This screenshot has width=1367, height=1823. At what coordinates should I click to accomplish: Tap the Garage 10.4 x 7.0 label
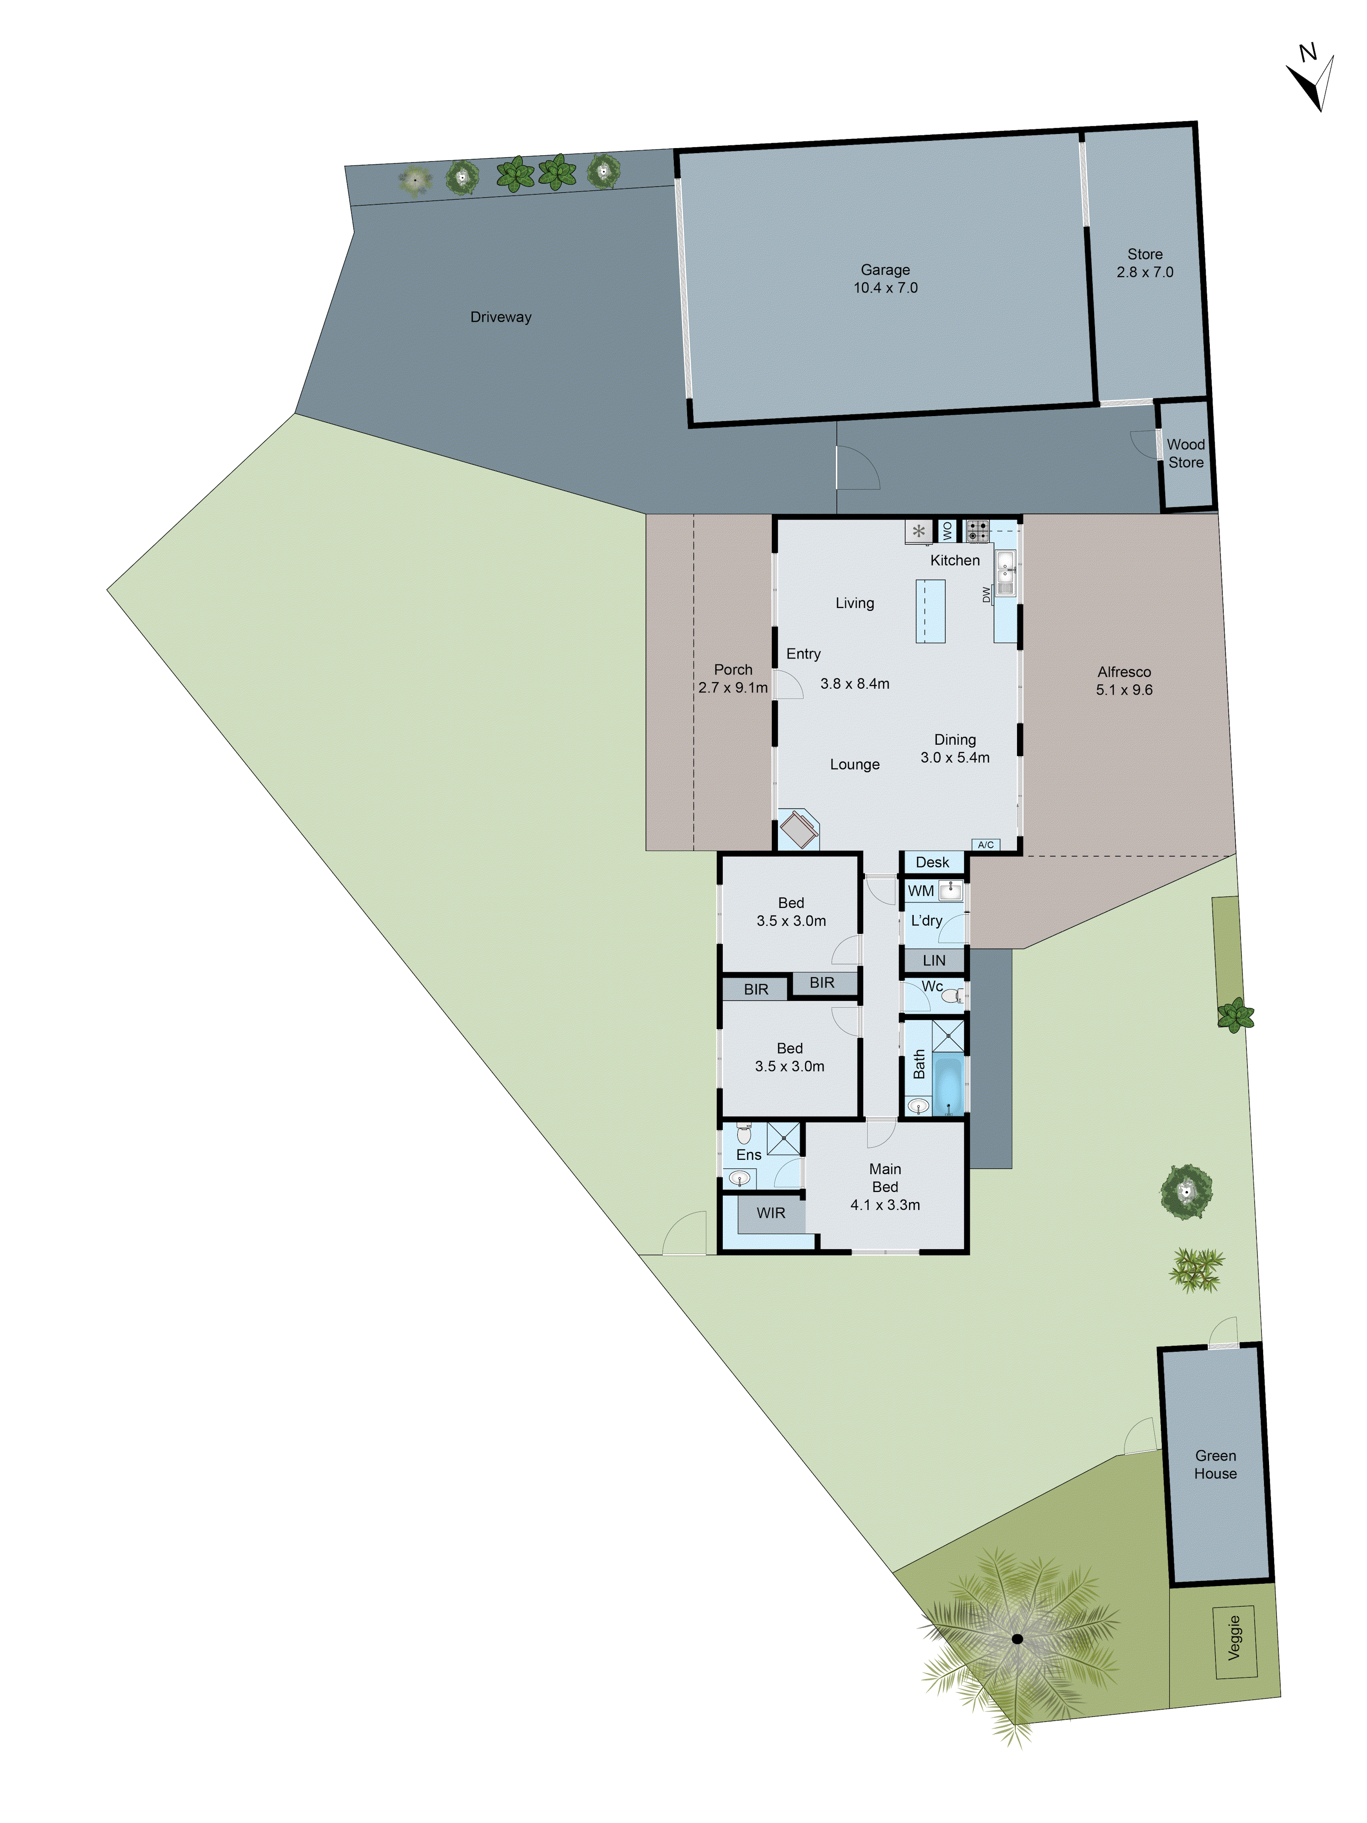point(885,278)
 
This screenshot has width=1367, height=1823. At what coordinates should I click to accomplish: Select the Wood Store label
point(1185,453)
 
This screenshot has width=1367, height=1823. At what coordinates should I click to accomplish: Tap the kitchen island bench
point(930,611)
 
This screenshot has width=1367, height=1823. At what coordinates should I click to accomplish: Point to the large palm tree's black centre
point(1017,1638)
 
